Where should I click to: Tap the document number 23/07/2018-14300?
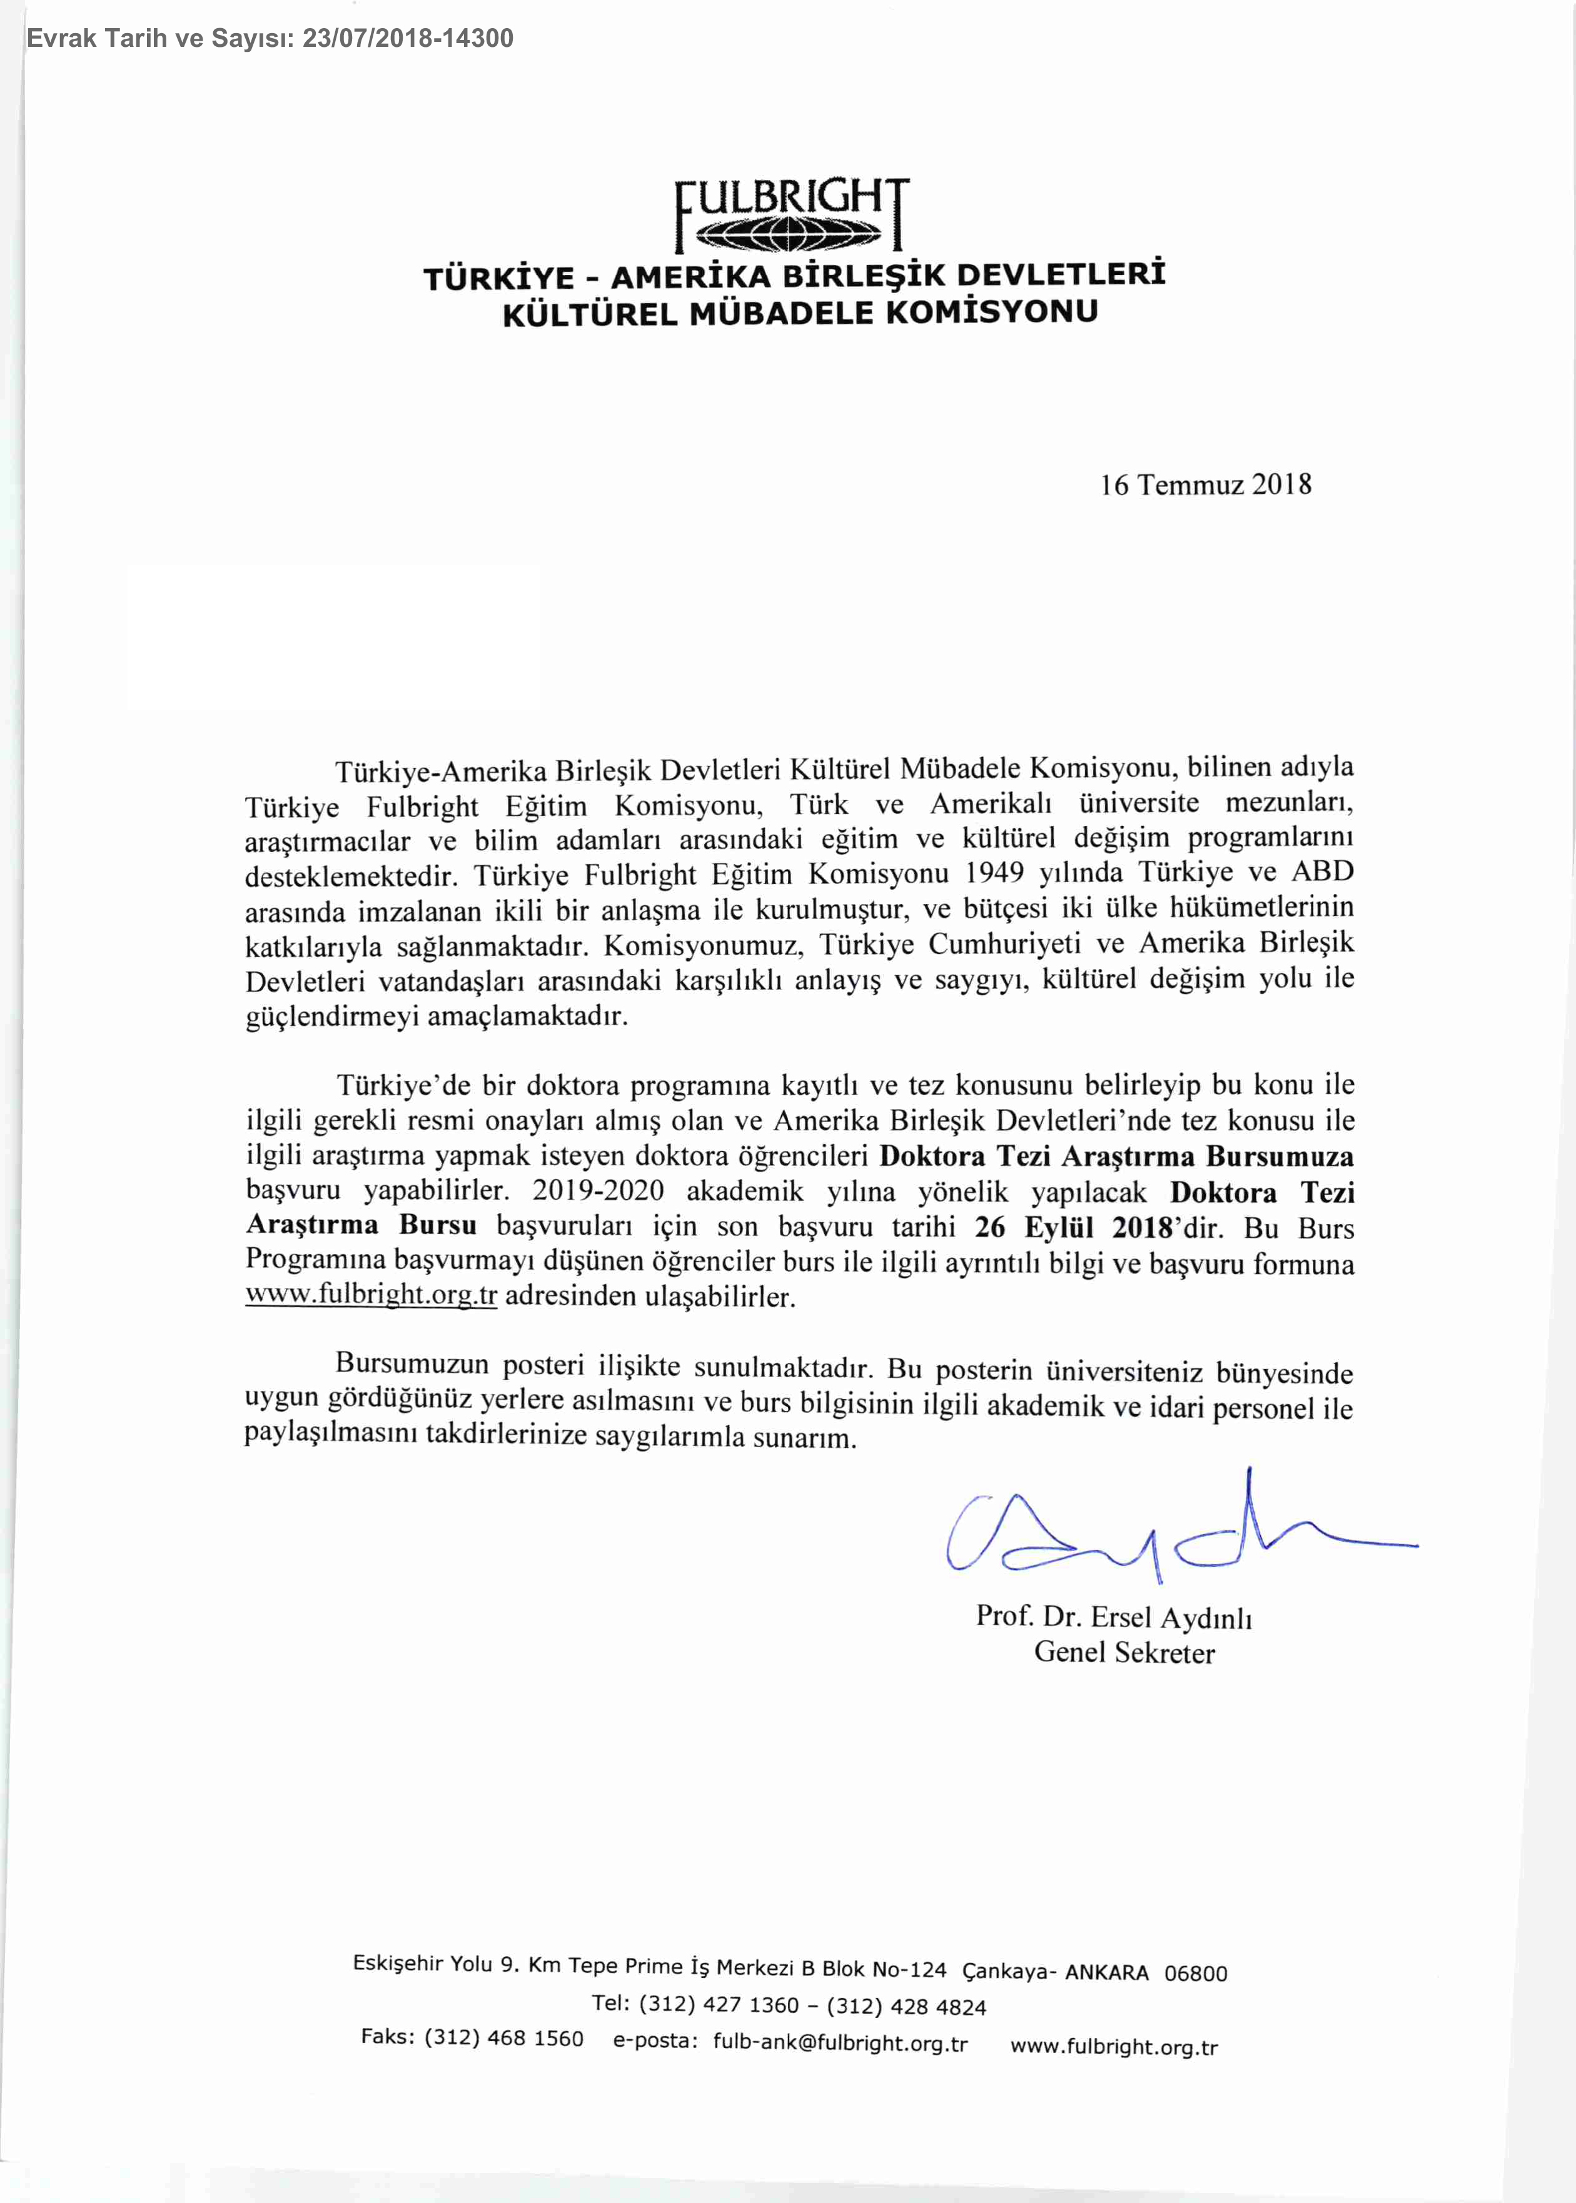[408, 39]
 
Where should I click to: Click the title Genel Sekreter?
[1124, 1653]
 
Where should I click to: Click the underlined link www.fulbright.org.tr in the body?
[371, 1295]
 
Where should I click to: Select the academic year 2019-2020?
[598, 1192]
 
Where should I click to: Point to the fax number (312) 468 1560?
[503, 2037]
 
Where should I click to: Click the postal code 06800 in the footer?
[1196, 1973]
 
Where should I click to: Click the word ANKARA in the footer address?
[1106, 1972]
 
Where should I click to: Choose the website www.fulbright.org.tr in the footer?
[1114, 2047]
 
